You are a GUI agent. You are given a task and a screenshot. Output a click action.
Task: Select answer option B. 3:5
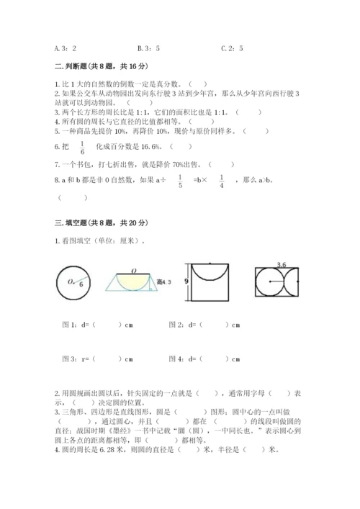148,49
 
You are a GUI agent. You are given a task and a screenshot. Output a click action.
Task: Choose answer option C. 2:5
232,49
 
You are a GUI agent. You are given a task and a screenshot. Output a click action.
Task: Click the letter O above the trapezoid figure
135,271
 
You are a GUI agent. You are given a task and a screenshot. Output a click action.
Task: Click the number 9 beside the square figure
186,281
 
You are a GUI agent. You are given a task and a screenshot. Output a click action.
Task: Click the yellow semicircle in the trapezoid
135,280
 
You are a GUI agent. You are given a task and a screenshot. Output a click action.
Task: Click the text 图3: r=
74,358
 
